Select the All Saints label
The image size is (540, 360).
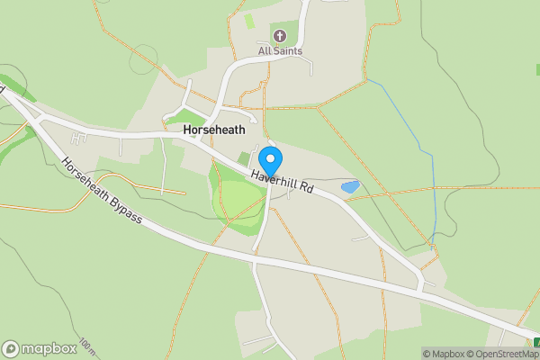point(280,51)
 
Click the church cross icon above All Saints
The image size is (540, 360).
point(279,37)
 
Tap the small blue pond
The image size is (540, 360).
point(349,187)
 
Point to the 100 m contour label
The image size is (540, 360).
point(86,346)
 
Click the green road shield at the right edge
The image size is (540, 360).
point(536,342)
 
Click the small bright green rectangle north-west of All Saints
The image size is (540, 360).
point(249,20)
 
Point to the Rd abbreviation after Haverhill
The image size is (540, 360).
point(306,189)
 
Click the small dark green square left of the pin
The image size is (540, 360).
point(244,158)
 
